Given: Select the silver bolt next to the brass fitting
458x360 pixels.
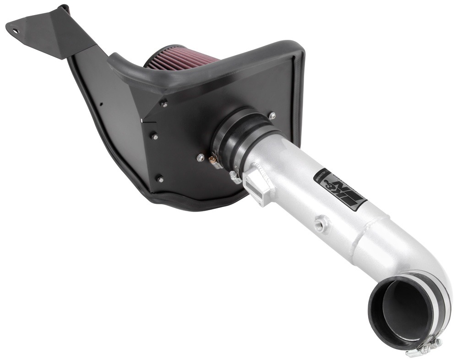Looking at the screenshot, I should coord(200,158).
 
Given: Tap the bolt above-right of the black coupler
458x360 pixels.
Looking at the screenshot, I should coord(272,116).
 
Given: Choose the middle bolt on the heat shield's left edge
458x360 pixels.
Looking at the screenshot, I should coord(154,136).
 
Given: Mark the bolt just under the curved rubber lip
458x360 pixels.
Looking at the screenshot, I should coord(164,105).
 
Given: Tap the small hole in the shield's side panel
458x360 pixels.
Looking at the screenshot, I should coord(102,104).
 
